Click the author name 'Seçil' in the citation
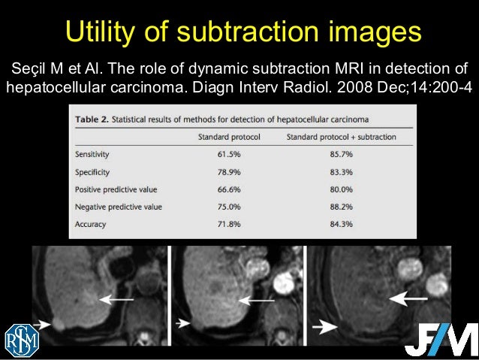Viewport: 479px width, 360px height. pyautogui.click(x=30, y=70)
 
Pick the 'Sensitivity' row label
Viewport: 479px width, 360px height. pyautogui.click(x=92, y=154)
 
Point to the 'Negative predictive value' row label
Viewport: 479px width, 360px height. pyautogui.click(x=119, y=206)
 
